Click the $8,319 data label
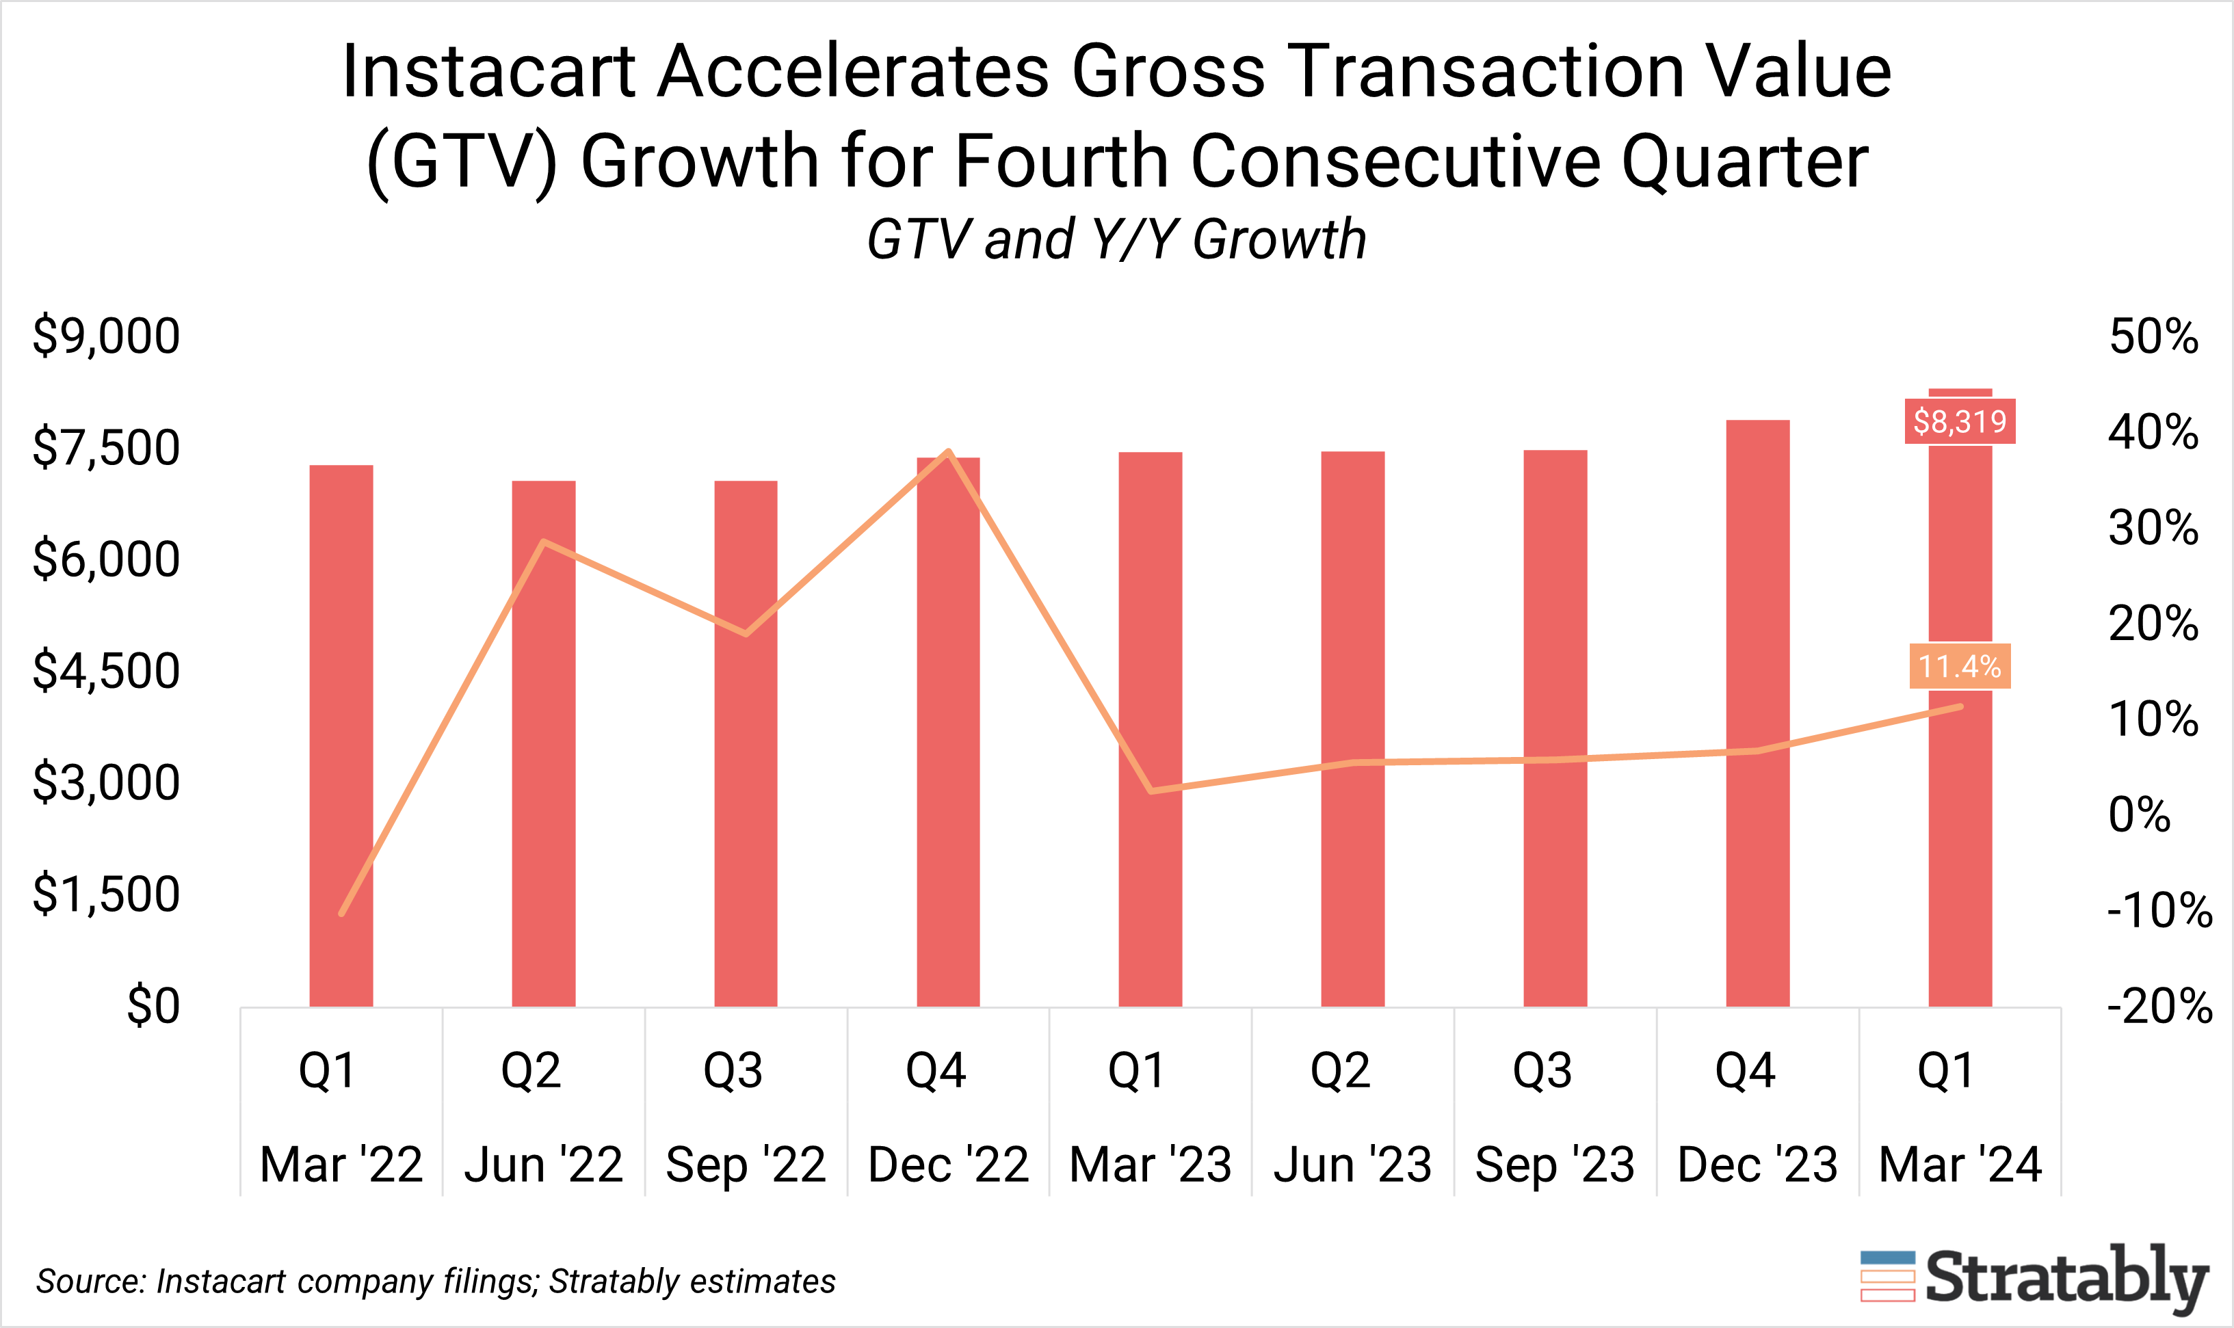(x=1959, y=421)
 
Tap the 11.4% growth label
(x=1959, y=666)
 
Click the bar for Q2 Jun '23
(x=1352, y=730)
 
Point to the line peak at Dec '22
(x=948, y=451)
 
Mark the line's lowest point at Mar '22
(x=342, y=914)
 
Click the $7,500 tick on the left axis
(x=105, y=447)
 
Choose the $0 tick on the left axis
(x=153, y=1005)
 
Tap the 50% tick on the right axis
(x=2153, y=337)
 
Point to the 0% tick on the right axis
(x=2138, y=814)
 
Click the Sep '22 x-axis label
(x=745, y=1165)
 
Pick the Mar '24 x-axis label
(x=1959, y=1165)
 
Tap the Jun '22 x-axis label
(x=542, y=1165)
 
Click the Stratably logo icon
(x=1887, y=1276)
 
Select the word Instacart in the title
(x=488, y=72)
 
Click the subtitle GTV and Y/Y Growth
(x=1116, y=240)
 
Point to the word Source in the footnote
(x=90, y=1281)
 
